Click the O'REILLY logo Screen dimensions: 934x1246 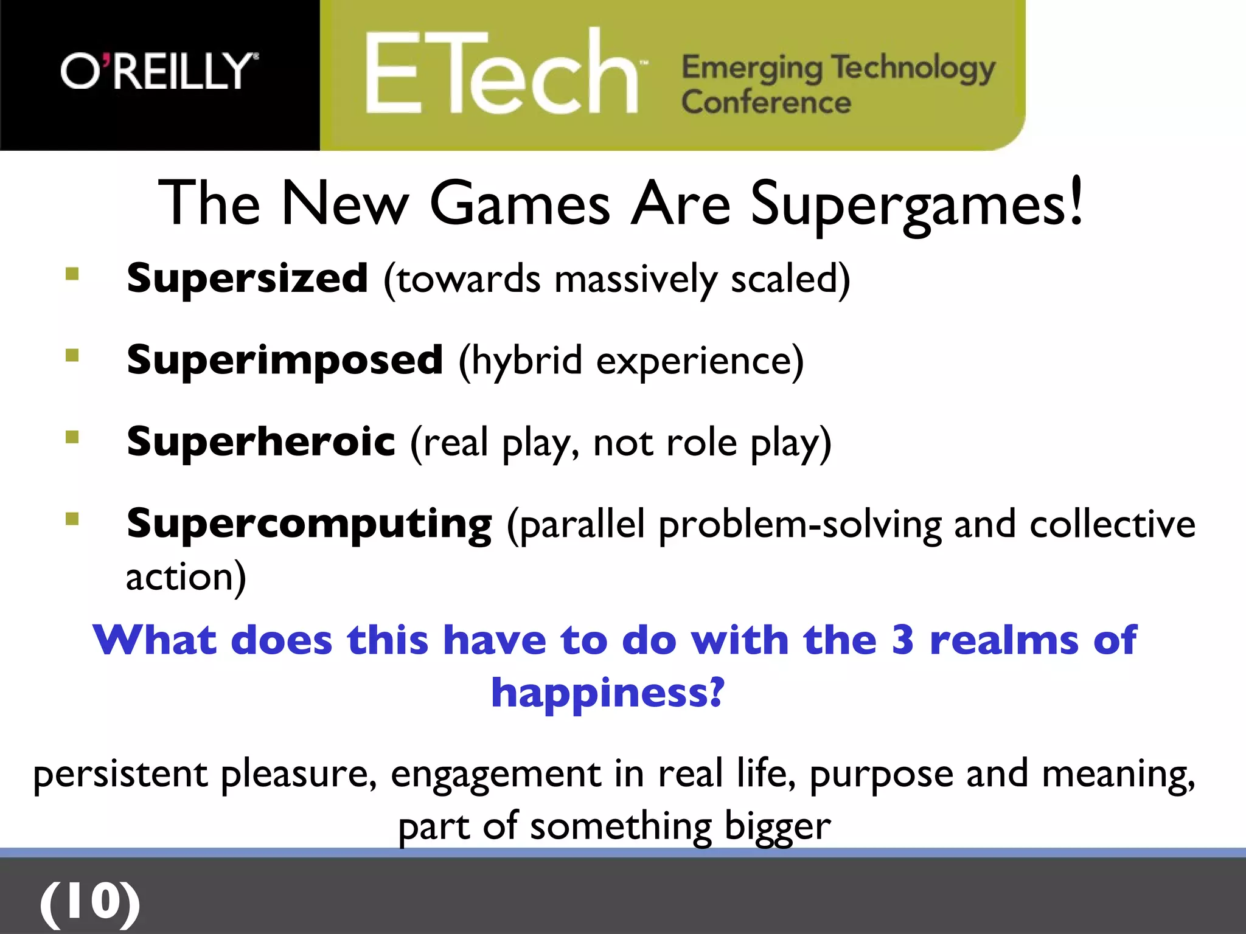pyautogui.click(x=159, y=72)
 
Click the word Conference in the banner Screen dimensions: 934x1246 pyautogui.click(x=765, y=102)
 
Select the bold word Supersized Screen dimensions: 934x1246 pyautogui.click(x=247, y=278)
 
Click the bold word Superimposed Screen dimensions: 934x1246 pyautogui.click(x=285, y=360)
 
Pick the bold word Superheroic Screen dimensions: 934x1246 pyautogui.click(x=261, y=441)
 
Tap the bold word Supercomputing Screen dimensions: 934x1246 pyautogui.click(x=309, y=524)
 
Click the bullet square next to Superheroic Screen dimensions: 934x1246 pyautogui.click(x=72, y=437)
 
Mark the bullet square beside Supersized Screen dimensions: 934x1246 pyautogui.click(x=72, y=274)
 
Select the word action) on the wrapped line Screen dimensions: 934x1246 pyautogui.click(x=186, y=576)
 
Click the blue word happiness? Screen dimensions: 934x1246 pyautogui.click(x=607, y=693)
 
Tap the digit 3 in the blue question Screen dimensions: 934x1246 pyautogui.click(x=902, y=640)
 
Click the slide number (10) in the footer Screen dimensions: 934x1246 pyautogui.click(x=90, y=902)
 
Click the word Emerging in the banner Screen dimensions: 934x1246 pyautogui.click(x=751, y=68)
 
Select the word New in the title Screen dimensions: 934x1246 pyautogui.click(x=345, y=204)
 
